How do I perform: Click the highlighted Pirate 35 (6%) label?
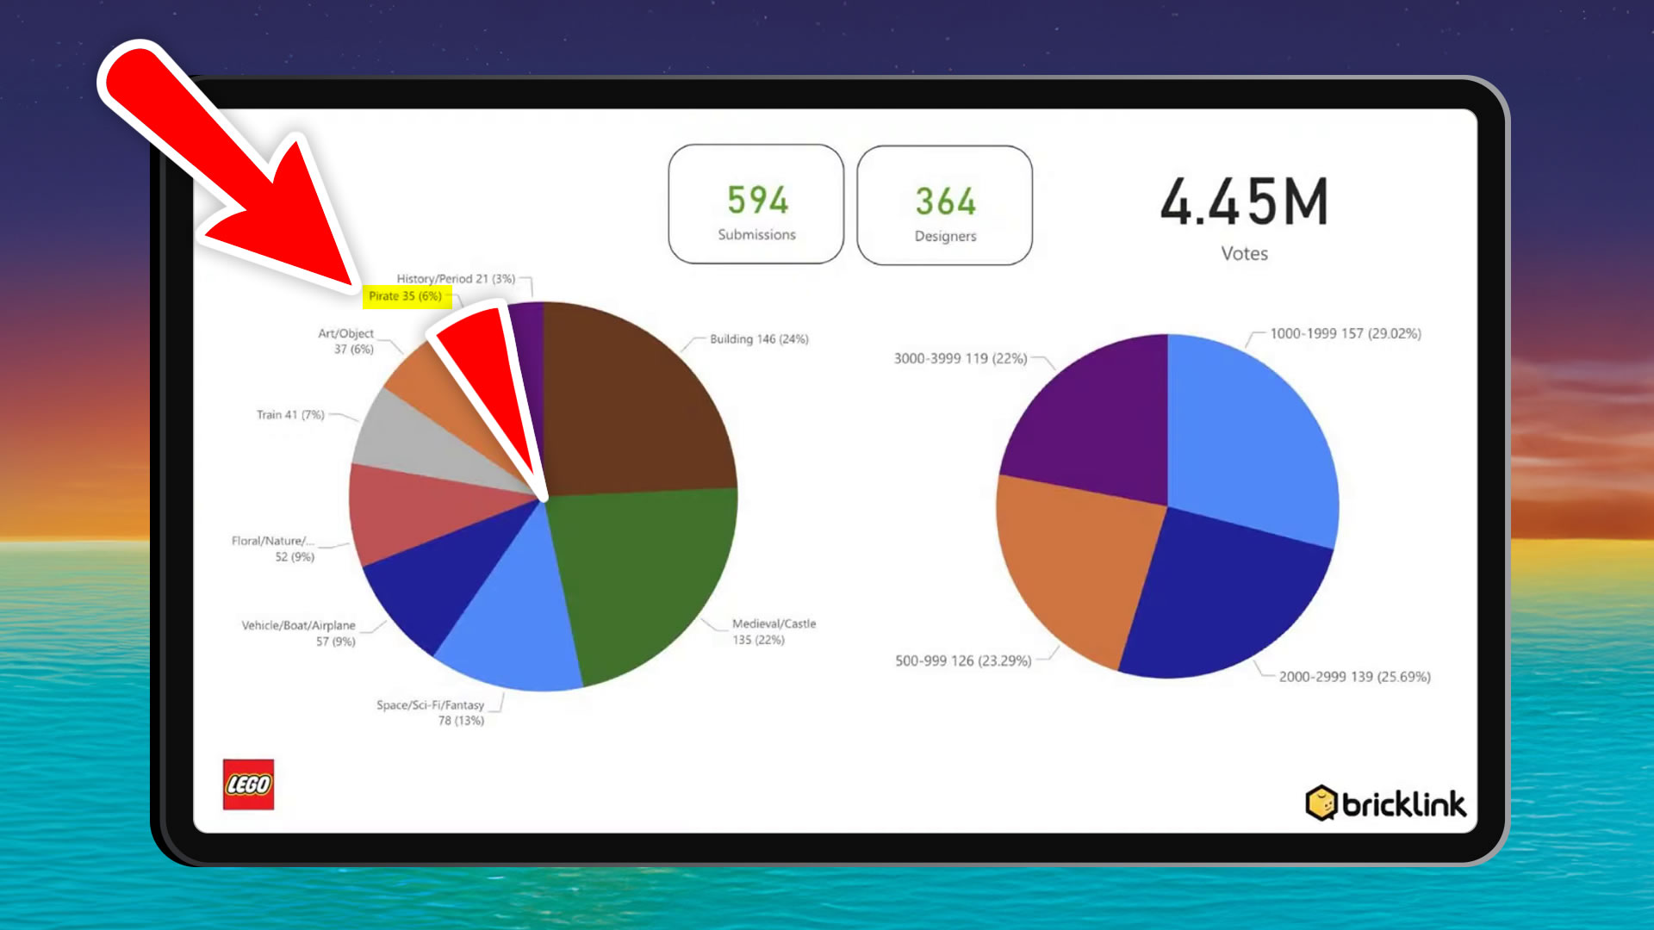coord(406,296)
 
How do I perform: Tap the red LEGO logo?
coord(248,784)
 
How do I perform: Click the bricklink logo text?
coord(1402,804)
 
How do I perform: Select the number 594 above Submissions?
coord(757,200)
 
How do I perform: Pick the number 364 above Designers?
coord(945,201)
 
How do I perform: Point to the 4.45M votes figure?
coord(1244,202)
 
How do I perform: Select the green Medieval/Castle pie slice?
coord(646,577)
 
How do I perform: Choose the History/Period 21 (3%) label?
coord(456,279)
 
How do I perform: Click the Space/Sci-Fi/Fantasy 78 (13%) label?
coord(431,713)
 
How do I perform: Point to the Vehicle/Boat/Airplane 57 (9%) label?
coord(298,633)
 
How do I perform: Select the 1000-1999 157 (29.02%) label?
coord(1346,333)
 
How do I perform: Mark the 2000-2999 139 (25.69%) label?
coord(1354,677)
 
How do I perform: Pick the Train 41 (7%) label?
coord(290,415)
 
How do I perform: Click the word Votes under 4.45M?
coord(1244,253)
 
